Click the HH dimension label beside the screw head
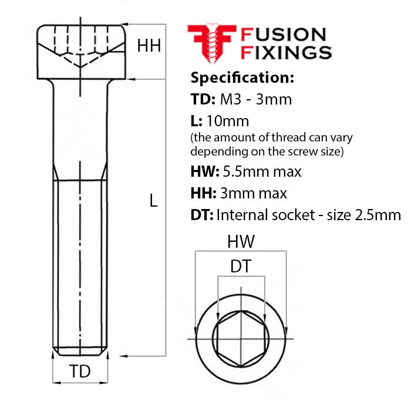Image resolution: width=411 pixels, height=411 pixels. pos(149,46)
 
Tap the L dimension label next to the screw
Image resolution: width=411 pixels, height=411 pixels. pos(153,201)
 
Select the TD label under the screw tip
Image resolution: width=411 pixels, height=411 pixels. pos(80,371)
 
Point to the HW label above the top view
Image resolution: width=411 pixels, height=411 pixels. pos(241,242)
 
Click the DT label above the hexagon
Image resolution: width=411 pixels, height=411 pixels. pos(241,267)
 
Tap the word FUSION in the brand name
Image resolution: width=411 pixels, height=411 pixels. pos(284,35)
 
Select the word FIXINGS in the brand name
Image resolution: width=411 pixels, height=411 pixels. pos(287,52)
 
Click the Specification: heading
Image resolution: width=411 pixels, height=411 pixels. pos(242,78)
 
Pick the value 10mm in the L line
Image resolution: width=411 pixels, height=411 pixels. pos(228,121)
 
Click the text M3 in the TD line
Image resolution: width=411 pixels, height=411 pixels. pos(230,100)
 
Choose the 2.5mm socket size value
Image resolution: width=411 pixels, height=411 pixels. pos(378,215)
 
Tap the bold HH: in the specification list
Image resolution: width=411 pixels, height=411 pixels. pos(203,193)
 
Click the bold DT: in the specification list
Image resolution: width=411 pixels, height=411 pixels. pos(202,215)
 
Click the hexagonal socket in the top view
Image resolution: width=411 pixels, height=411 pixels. pos(241,339)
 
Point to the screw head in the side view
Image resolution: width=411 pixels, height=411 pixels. pos(81,52)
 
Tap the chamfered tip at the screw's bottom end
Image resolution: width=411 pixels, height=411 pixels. pos(80,352)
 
